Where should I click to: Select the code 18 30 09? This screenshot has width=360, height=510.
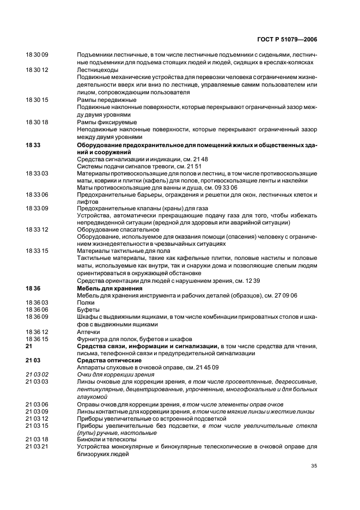coord(38,55)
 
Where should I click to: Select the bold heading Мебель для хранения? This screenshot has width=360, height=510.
coord(110,288)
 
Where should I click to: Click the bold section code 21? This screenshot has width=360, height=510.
coord(29,345)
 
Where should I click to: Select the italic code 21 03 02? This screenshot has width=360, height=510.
coord(38,374)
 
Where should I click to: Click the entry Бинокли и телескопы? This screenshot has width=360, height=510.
coord(107,439)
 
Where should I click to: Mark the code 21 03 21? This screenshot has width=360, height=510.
coord(38,447)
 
